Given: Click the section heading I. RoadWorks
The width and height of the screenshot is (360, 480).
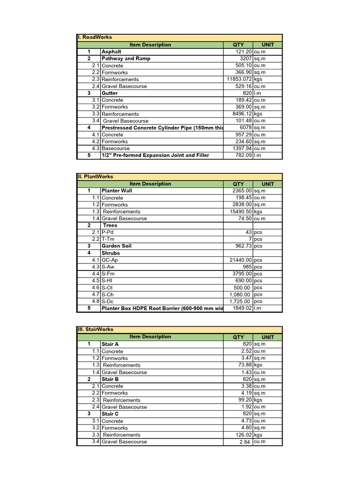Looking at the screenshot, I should (x=95, y=37).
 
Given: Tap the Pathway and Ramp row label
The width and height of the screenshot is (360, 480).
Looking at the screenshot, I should (x=126, y=59).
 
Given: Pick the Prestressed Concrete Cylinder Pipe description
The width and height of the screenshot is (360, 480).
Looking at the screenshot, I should (x=159, y=127).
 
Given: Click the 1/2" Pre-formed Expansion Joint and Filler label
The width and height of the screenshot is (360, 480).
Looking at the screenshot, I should (x=155, y=155).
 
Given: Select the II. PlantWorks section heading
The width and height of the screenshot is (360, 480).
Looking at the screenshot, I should (x=95, y=177).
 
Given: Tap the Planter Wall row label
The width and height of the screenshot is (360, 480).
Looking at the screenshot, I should (x=117, y=191).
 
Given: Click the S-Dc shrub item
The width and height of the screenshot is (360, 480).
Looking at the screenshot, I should (x=108, y=301).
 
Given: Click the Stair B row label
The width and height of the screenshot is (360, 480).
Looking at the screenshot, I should (x=110, y=379).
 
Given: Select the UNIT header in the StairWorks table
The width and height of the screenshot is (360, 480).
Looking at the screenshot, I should (x=268, y=337).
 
